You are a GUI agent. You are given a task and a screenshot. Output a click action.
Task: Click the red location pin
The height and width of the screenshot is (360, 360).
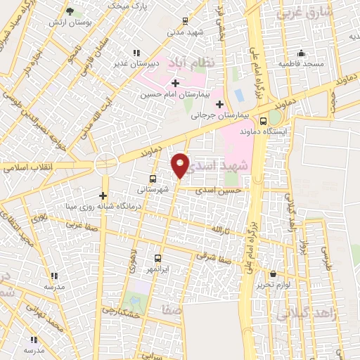(x=181, y=165)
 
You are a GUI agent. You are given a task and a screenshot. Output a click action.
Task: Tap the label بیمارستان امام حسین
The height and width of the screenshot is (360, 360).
(x=172, y=94)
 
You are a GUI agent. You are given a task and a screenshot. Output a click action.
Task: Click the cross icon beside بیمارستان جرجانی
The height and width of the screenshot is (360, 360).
(x=219, y=104)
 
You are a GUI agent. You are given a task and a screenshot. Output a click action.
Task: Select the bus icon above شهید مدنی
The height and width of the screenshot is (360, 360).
(x=185, y=21)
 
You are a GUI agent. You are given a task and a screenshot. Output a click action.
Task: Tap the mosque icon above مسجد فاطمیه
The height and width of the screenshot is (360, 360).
(x=302, y=53)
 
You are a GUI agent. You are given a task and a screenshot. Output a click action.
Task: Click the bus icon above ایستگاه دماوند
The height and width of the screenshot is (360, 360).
(x=263, y=120)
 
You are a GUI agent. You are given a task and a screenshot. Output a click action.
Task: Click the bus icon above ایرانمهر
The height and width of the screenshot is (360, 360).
(x=157, y=258)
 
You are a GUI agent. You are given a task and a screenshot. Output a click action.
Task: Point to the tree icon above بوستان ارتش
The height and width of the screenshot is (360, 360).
(x=70, y=11)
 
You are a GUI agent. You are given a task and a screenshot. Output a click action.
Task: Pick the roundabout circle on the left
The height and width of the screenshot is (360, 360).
(x=105, y=162)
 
